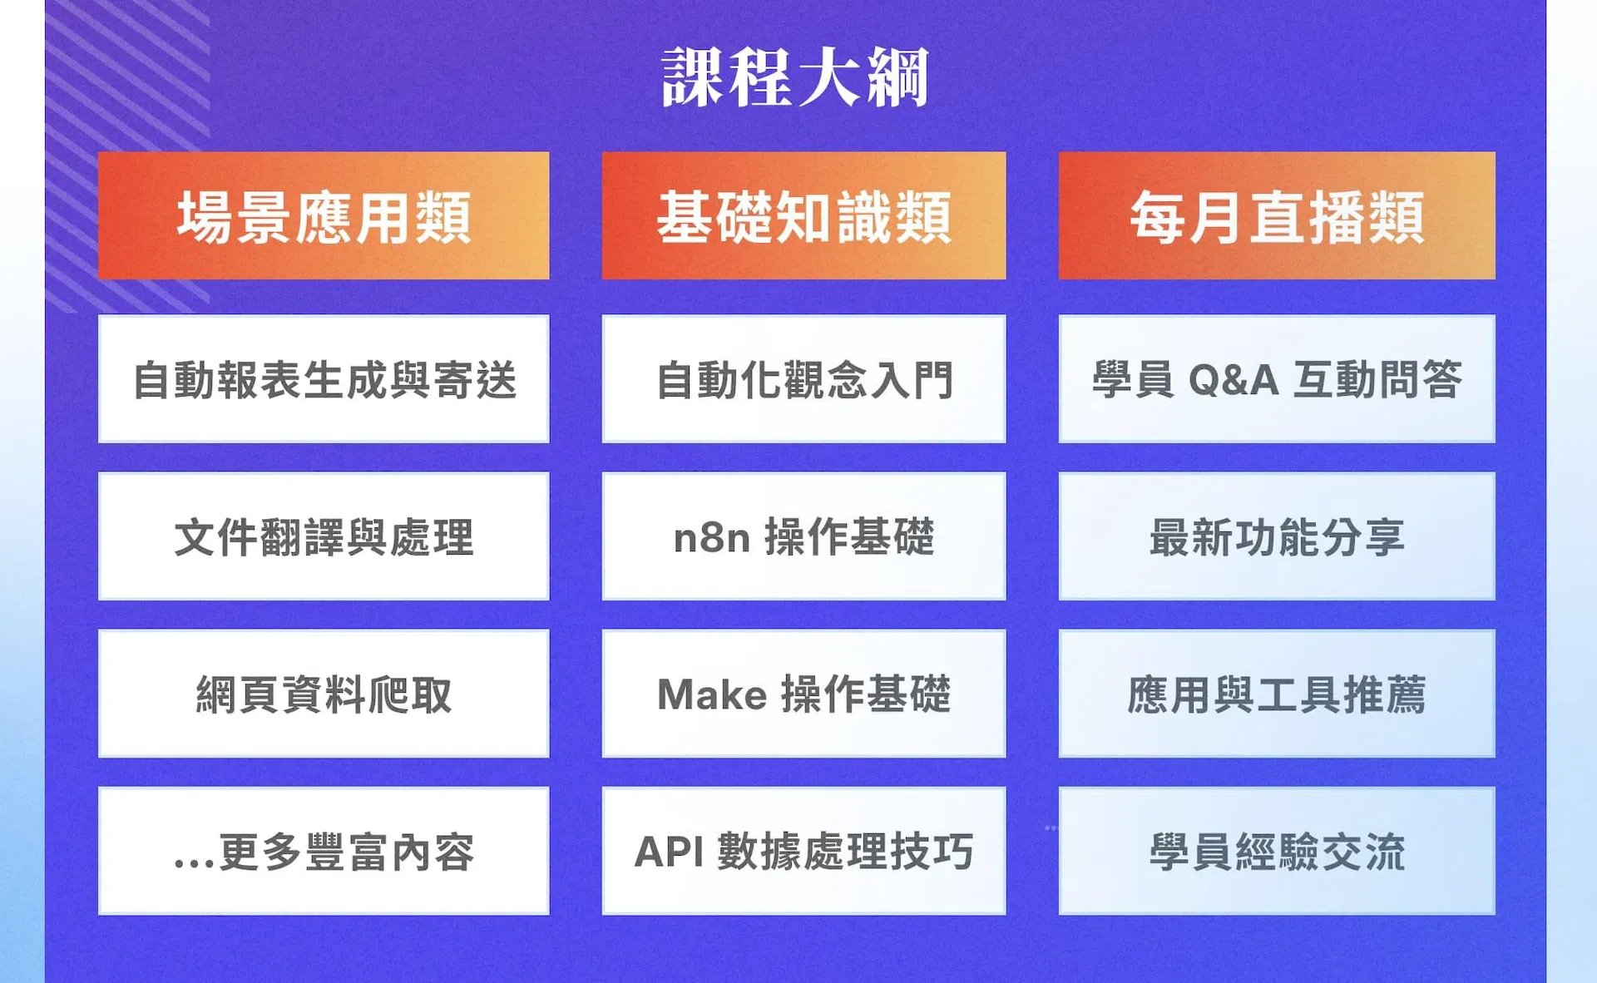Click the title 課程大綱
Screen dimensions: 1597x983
(795, 77)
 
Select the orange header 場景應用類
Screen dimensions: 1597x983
(324, 215)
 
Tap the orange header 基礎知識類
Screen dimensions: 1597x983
(803, 215)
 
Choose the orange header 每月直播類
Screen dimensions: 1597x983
(1277, 215)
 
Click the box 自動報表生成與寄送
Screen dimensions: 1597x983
(324, 378)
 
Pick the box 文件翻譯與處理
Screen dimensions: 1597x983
(324, 536)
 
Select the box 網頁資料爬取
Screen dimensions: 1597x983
(324, 694)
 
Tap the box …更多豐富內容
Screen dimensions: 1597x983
(324, 851)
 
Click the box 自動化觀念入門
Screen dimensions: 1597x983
(803, 378)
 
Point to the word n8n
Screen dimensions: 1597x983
(712, 538)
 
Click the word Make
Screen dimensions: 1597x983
(712, 694)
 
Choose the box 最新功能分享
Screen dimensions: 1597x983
(1277, 536)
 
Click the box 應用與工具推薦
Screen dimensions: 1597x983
(1277, 694)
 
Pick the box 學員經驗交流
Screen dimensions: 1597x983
(1277, 851)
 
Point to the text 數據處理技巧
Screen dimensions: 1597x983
(845, 852)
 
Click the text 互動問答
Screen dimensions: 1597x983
(1377, 379)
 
